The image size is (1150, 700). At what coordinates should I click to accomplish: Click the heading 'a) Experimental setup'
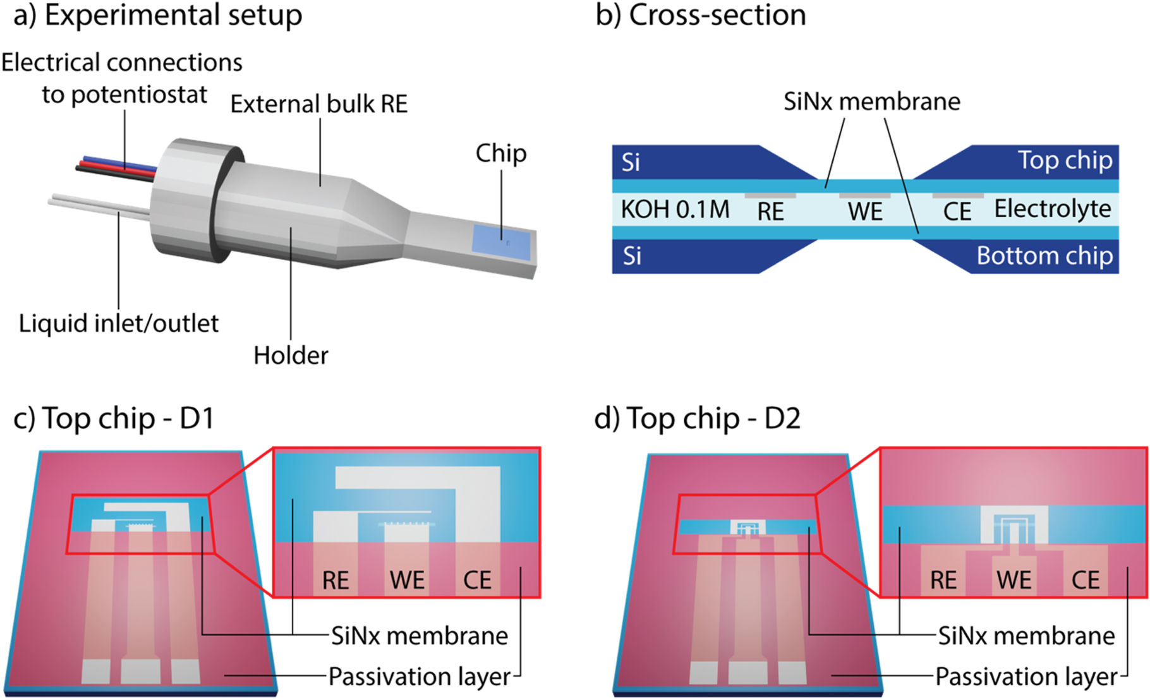tap(158, 16)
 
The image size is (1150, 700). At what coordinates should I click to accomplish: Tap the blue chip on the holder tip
tap(502, 242)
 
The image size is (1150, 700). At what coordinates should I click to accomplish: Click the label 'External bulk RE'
tap(319, 104)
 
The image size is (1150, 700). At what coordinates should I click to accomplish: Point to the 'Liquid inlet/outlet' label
tap(119, 323)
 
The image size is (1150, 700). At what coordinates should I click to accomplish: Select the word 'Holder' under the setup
tap(291, 356)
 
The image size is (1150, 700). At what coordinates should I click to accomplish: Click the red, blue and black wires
tap(117, 166)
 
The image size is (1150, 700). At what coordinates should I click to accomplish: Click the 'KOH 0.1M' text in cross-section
tap(675, 209)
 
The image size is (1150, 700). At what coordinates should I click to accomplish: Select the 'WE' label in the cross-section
tap(865, 212)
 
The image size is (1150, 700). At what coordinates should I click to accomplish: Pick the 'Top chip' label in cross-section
tap(1065, 160)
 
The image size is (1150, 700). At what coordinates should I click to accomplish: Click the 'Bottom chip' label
tap(1044, 256)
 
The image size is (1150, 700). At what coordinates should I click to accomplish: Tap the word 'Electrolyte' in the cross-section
tap(1053, 208)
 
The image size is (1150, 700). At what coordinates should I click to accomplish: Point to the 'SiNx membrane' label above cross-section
tap(872, 102)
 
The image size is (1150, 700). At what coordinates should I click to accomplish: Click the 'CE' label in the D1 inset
tap(477, 581)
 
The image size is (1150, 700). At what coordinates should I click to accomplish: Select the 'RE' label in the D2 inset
tap(943, 580)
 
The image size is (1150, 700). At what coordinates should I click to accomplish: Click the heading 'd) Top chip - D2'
tap(698, 418)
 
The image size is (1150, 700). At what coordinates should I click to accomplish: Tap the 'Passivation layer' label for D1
tap(420, 677)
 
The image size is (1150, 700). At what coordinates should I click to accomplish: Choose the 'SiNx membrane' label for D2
tap(1026, 636)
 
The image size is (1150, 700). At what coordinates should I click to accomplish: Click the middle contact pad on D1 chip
tap(141, 671)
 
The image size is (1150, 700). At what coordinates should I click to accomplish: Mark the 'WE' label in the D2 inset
tap(1014, 580)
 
